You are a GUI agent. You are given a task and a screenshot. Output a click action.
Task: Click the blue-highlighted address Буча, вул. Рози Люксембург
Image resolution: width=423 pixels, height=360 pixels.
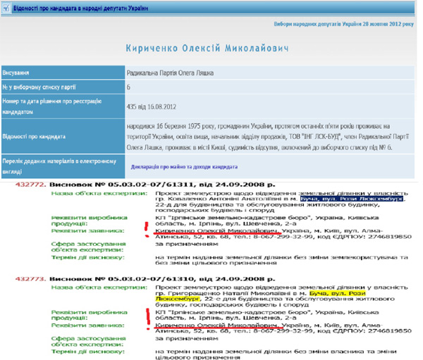pyautogui.click(x=352, y=199)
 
